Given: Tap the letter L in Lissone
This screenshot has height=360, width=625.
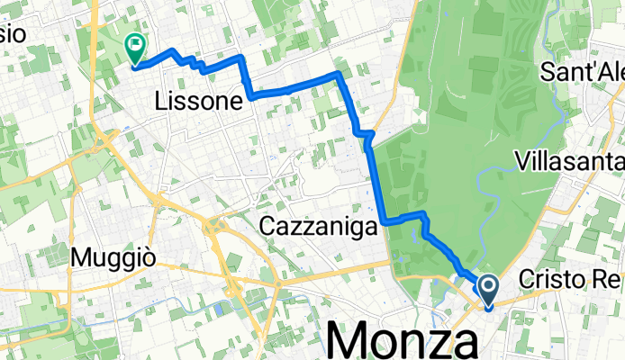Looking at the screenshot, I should tap(162, 102).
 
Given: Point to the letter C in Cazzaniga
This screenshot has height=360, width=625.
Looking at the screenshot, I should tap(267, 229).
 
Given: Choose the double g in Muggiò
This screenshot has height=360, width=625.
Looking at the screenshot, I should tap(121, 261).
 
